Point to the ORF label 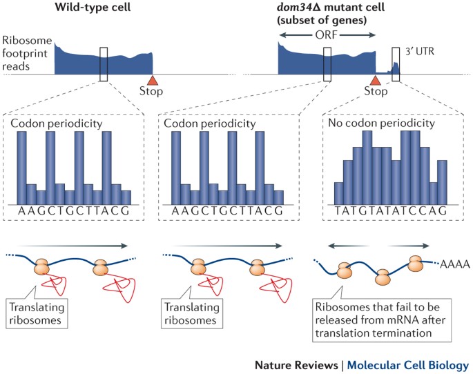click(x=327, y=35)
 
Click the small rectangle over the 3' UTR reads click(x=396, y=62)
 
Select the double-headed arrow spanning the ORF click(x=327, y=35)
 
